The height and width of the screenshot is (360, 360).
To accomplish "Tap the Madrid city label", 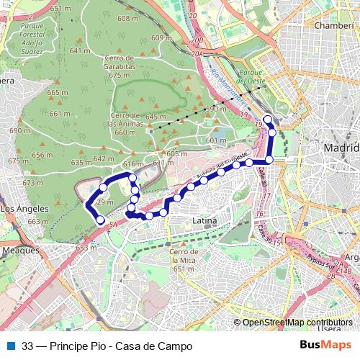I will pyautogui.click(x=342, y=148).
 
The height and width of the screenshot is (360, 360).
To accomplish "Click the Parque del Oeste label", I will pyautogui.click(x=254, y=76).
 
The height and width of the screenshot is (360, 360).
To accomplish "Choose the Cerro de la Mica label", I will pyautogui.click(x=184, y=260).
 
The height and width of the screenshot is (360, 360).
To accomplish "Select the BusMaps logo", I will pyautogui.click(x=325, y=346).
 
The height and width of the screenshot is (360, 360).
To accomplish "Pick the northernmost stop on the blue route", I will pyautogui.click(x=268, y=120).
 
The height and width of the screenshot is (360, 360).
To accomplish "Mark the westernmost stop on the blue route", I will pyautogui.click(x=91, y=204).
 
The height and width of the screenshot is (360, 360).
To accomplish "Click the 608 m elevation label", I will pyautogui.click(x=127, y=19).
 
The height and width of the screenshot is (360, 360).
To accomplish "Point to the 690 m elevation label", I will pyautogui.click(x=10, y=131).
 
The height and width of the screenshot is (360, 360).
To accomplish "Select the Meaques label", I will pyautogui.click(x=20, y=251).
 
